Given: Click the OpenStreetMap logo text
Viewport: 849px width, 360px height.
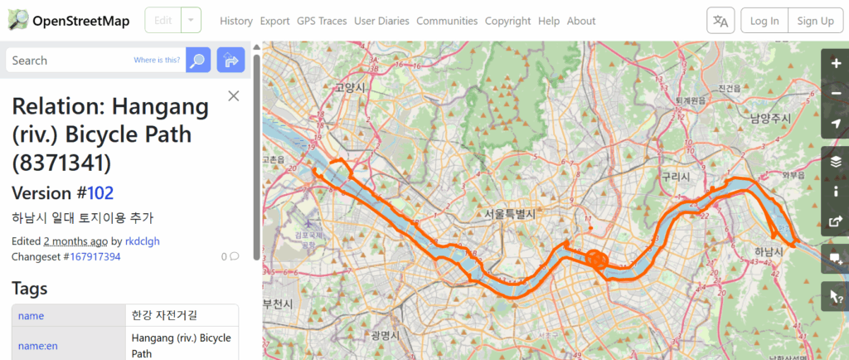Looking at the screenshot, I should tap(80, 21).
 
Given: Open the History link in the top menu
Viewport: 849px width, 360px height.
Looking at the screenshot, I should tap(236, 21).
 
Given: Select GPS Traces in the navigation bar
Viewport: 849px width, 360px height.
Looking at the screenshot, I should tap(322, 21).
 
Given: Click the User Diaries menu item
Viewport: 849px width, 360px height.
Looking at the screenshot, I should tap(382, 21).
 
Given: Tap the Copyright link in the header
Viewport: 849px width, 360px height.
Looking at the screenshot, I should tap(507, 21).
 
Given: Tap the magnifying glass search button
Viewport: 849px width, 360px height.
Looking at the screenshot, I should tap(197, 61).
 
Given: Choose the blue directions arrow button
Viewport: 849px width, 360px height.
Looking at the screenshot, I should tap(230, 61).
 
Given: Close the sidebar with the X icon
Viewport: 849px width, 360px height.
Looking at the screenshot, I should tap(233, 96).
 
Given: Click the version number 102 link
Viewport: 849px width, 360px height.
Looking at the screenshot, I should tap(99, 193).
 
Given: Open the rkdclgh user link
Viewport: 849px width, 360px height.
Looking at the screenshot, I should tap(142, 241).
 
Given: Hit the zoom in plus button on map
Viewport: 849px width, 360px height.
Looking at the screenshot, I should tap(835, 63).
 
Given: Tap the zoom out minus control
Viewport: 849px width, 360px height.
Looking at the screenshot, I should tap(835, 93).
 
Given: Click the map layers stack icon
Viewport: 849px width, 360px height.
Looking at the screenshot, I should tap(835, 161).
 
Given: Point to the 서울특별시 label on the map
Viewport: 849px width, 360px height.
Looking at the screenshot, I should tap(510, 213).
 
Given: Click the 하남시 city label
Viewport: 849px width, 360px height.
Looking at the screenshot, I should tap(745, 251).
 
